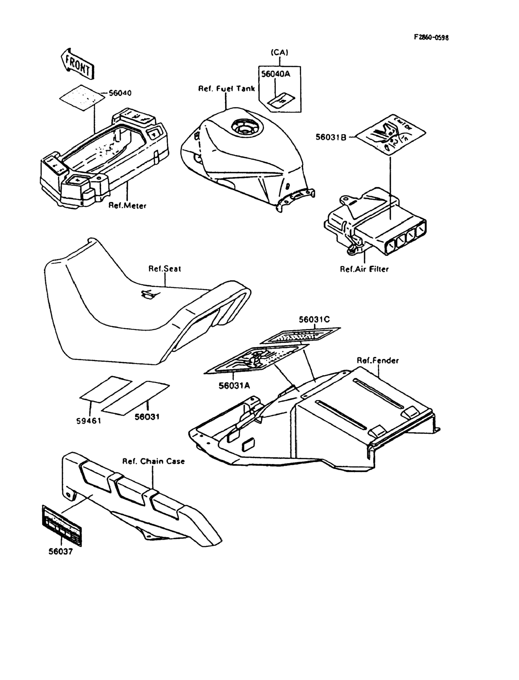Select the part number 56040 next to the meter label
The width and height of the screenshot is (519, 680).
point(120,93)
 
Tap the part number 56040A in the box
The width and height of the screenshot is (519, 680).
point(276,74)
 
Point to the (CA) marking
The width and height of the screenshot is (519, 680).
point(279,53)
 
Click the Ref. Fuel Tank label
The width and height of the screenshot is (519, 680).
point(226,89)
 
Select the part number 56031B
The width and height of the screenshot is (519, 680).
point(331,137)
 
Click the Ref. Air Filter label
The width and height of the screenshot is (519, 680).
point(364,269)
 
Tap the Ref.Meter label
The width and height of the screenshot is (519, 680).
point(127,205)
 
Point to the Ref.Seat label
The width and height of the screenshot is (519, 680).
point(165,268)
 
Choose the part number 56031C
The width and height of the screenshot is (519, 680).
point(314,319)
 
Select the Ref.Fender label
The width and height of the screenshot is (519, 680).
point(377,360)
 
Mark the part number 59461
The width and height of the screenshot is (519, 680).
point(89,420)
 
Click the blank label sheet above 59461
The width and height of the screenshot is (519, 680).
point(106,389)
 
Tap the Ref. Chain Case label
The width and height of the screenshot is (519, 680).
point(154,461)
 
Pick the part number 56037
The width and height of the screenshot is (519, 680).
point(60,551)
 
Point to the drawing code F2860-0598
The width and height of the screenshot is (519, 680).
point(431,38)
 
